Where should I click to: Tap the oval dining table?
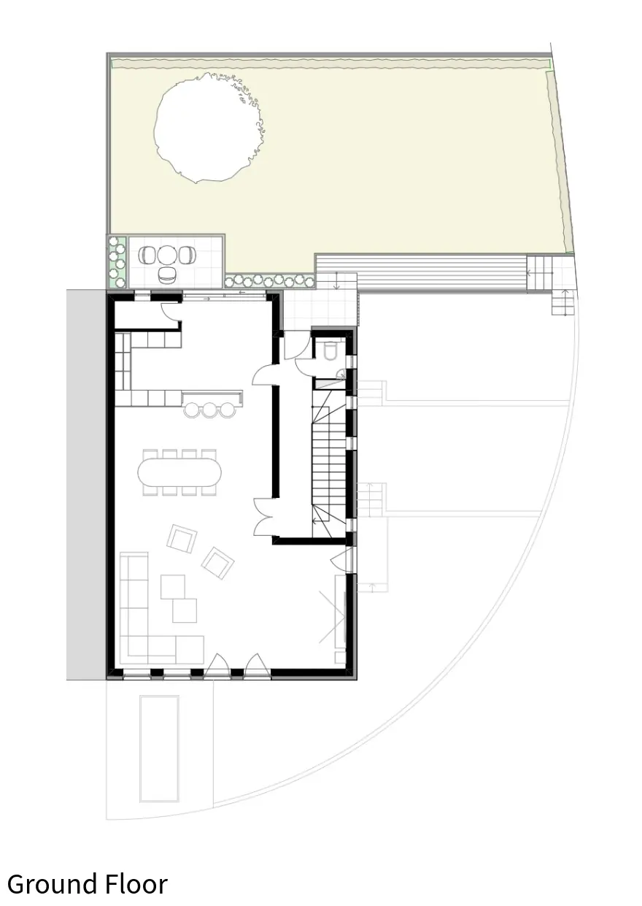(179, 472)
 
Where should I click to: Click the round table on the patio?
(167, 256)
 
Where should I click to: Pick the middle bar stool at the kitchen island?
(210, 410)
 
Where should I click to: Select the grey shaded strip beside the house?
(87, 484)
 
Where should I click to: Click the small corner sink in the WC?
(341, 374)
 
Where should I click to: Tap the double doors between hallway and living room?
(264, 516)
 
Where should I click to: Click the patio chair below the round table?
(166, 275)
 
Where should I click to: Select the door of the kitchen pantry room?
(170, 312)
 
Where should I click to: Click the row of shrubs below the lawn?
(270, 280)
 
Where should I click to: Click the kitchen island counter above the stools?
(212, 397)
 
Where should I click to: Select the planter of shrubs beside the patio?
(117, 263)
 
